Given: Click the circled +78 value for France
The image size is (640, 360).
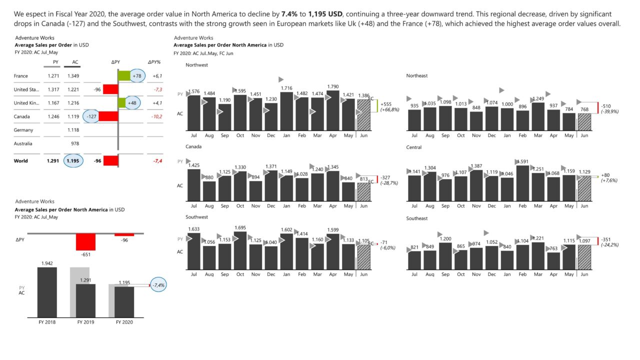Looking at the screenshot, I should tap(136, 76).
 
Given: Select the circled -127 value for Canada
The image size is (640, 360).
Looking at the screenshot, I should tap(91, 116).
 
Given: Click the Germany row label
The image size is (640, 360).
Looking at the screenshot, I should tap(23, 130).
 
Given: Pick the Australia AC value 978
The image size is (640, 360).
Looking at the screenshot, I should tap(72, 143).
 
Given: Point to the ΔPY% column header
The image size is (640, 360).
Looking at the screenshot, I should tap(154, 62).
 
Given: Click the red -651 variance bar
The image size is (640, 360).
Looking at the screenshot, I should tap(85, 242).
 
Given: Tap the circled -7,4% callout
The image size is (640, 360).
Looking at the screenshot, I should tap(159, 285).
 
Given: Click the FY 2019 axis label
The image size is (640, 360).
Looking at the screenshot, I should tap(86, 322).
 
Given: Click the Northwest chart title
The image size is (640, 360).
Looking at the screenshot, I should tap(196, 65).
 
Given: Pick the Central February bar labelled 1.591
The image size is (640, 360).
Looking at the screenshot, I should tap(522, 183).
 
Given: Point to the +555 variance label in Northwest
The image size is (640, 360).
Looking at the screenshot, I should tap(386, 104).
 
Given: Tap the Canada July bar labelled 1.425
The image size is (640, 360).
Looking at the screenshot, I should tap(193, 185).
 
